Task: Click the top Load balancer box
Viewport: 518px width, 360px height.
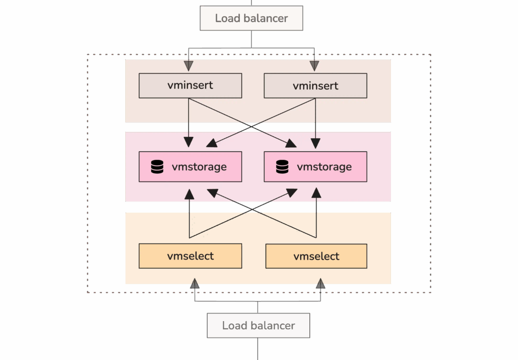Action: click(x=251, y=18)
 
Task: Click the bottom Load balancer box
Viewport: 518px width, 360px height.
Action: click(x=258, y=325)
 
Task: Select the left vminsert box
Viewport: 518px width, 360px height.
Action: click(x=190, y=86)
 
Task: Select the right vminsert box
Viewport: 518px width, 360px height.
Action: click(x=315, y=86)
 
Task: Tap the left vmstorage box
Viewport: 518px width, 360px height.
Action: click(x=190, y=167)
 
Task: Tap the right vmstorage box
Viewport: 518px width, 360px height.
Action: click(x=315, y=167)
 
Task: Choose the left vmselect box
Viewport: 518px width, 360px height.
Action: click(x=190, y=256)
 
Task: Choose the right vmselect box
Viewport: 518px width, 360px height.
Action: click(x=316, y=256)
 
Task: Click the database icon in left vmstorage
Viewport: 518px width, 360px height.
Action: click(x=157, y=167)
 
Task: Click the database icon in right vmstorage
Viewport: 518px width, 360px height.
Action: click(x=283, y=167)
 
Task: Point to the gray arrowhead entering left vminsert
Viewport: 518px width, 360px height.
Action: click(x=189, y=66)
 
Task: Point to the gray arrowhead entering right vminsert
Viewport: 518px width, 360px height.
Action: click(x=315, y=66)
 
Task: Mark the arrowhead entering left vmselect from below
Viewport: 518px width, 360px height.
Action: click(x=194, y=284)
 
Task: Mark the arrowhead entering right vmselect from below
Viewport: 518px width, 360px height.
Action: click(x=320, y=284)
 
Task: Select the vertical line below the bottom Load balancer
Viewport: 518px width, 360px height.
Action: click(x=258, y=349)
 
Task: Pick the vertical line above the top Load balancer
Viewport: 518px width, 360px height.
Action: click(x=251, y=2)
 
